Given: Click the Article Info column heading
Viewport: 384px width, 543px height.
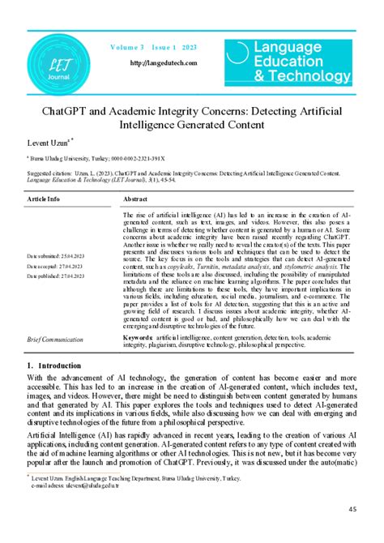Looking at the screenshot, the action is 44,198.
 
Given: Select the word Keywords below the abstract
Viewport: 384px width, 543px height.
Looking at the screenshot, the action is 139,335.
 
